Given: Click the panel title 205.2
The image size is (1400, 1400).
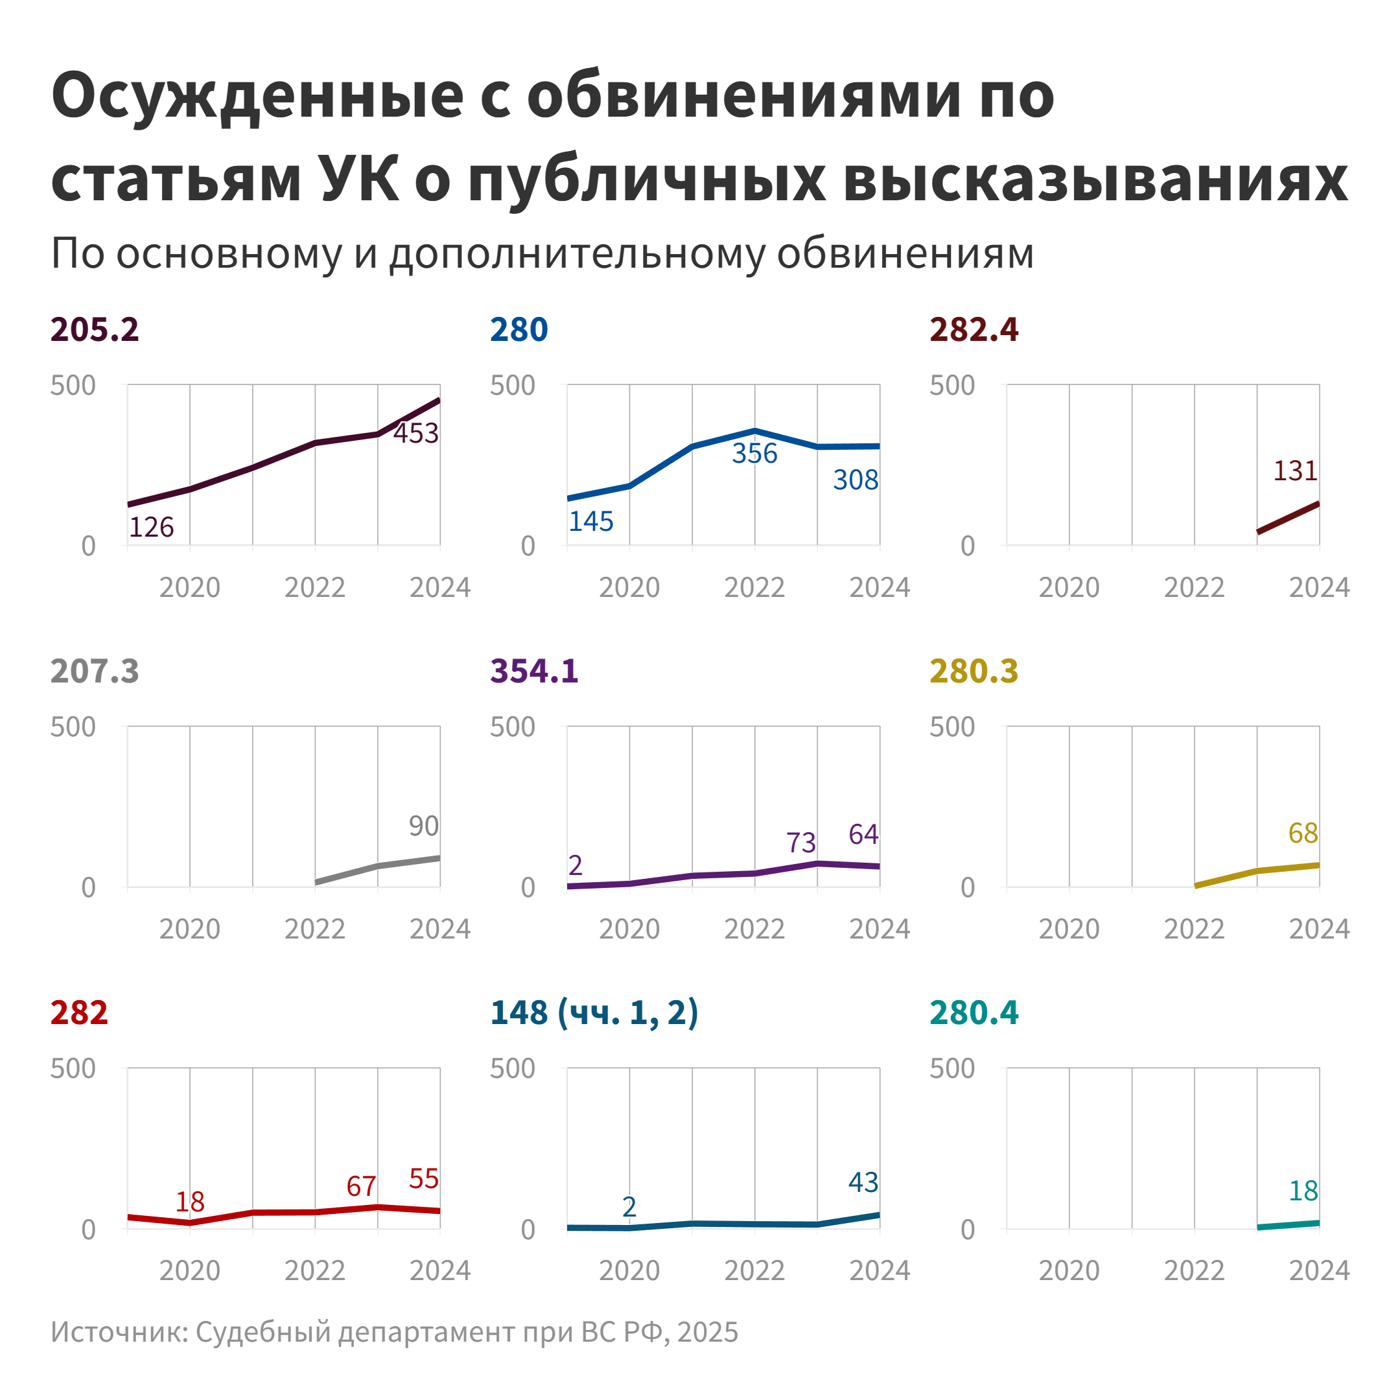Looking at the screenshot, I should (94, 330).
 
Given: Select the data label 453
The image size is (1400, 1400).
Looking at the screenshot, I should (416, 434).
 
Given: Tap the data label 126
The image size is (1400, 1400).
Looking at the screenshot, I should (152, 527).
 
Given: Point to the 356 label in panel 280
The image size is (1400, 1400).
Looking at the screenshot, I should (754, 454).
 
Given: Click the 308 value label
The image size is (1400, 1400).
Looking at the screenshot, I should (855, 480).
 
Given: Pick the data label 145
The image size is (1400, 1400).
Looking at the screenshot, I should (590, 521).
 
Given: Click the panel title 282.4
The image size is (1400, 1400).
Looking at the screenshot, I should (974, 330).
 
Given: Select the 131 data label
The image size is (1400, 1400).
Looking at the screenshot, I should (1295, 471).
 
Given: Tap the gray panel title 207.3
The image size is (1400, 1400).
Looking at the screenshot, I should (94, 671).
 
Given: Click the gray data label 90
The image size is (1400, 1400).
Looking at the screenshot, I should (423, 826).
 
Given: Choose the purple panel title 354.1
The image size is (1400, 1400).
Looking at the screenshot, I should (534, 671).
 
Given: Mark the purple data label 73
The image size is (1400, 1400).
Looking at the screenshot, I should (800, 843).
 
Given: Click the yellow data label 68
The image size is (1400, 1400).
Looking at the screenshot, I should (1303, 834).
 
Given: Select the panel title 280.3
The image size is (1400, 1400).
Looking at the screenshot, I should (974, 671).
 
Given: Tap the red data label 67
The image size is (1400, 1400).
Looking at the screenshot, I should (361, 1186).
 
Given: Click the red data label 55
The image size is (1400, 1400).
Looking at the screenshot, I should (423, 1179).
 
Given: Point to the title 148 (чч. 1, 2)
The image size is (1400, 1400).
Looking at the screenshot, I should (594, 1012).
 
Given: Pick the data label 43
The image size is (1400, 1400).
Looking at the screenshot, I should (863, 1183).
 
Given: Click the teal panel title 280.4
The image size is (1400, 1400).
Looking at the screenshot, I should (974, 1012).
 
